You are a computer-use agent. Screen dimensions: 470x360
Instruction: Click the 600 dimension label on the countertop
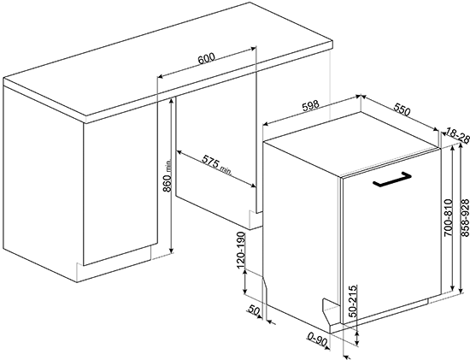point(207,58)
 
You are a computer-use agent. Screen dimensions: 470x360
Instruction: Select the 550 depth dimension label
point(402,110)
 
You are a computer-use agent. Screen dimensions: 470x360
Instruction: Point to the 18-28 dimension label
point(457,135)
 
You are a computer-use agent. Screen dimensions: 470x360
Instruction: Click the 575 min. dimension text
point(217,165)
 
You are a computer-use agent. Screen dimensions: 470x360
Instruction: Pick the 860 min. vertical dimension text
point(167,176)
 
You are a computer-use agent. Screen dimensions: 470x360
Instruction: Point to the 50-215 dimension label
point(354,301)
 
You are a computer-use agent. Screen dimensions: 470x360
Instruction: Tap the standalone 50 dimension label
point(254,310)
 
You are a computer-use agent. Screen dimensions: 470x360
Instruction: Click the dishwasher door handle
point(391,180)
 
